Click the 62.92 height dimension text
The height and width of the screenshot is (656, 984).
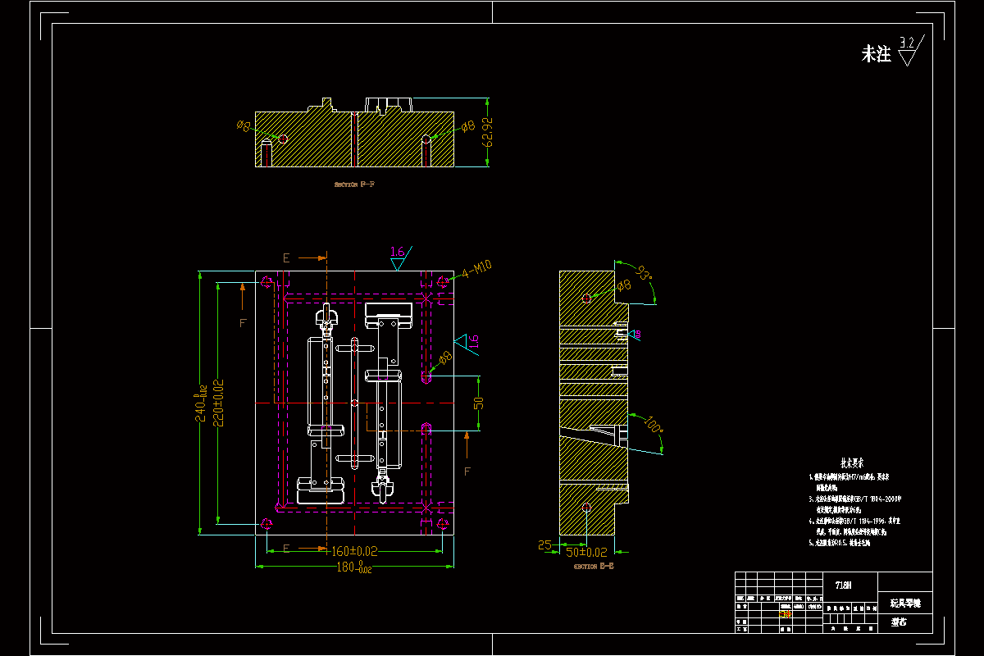coord(490,132)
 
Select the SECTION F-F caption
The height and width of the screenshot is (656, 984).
coord(355,184)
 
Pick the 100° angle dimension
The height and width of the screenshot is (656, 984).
coord(653,427)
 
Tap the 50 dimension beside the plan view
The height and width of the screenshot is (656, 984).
coord(478,403)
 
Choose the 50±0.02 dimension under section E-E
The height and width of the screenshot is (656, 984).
coord(587,553)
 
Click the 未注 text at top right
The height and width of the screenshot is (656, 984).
coord(875,55)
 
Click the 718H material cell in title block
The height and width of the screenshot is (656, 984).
coord(843,585)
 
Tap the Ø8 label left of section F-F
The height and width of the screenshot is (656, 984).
coord(243,125)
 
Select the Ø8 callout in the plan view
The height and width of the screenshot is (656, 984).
coord(444,358)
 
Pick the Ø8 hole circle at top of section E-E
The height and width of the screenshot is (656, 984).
coord(586,298)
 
